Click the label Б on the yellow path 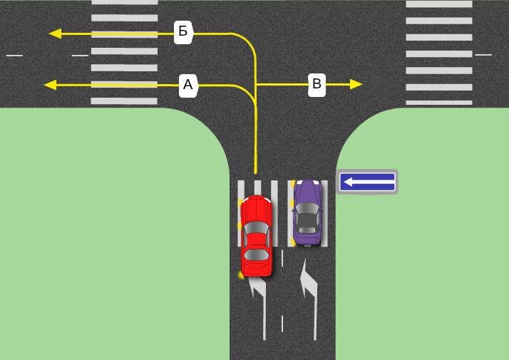pos(183,31)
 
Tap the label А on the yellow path pos(187,86)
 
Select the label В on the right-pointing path pos(317,85)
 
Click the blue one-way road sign pos(367,182)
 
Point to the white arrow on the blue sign pos(367,182)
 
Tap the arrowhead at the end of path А pos(50,86)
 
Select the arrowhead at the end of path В pos(356,85)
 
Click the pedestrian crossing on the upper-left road pos(124,53)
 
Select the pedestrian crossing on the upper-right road pos(439,53)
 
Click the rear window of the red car pos(257,254)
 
